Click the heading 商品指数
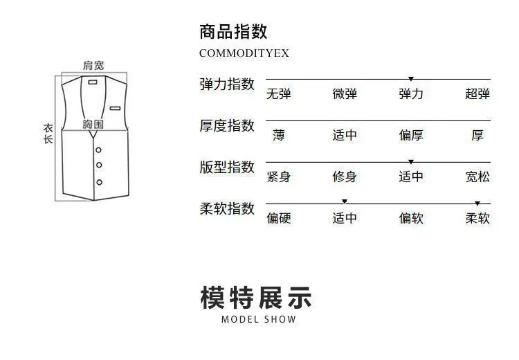233,32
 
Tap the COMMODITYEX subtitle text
244,53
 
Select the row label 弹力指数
227,84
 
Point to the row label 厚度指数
227,126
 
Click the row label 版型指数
227,168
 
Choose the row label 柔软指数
227,209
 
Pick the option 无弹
278,94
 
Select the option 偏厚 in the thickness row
411,136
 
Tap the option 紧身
278,177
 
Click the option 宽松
477,177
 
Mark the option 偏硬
278,219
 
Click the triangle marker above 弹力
411,79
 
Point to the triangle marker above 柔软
477,204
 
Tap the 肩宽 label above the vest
93,65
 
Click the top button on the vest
99,150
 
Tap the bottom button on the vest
99,182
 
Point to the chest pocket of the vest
114,107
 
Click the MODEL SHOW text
259,320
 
